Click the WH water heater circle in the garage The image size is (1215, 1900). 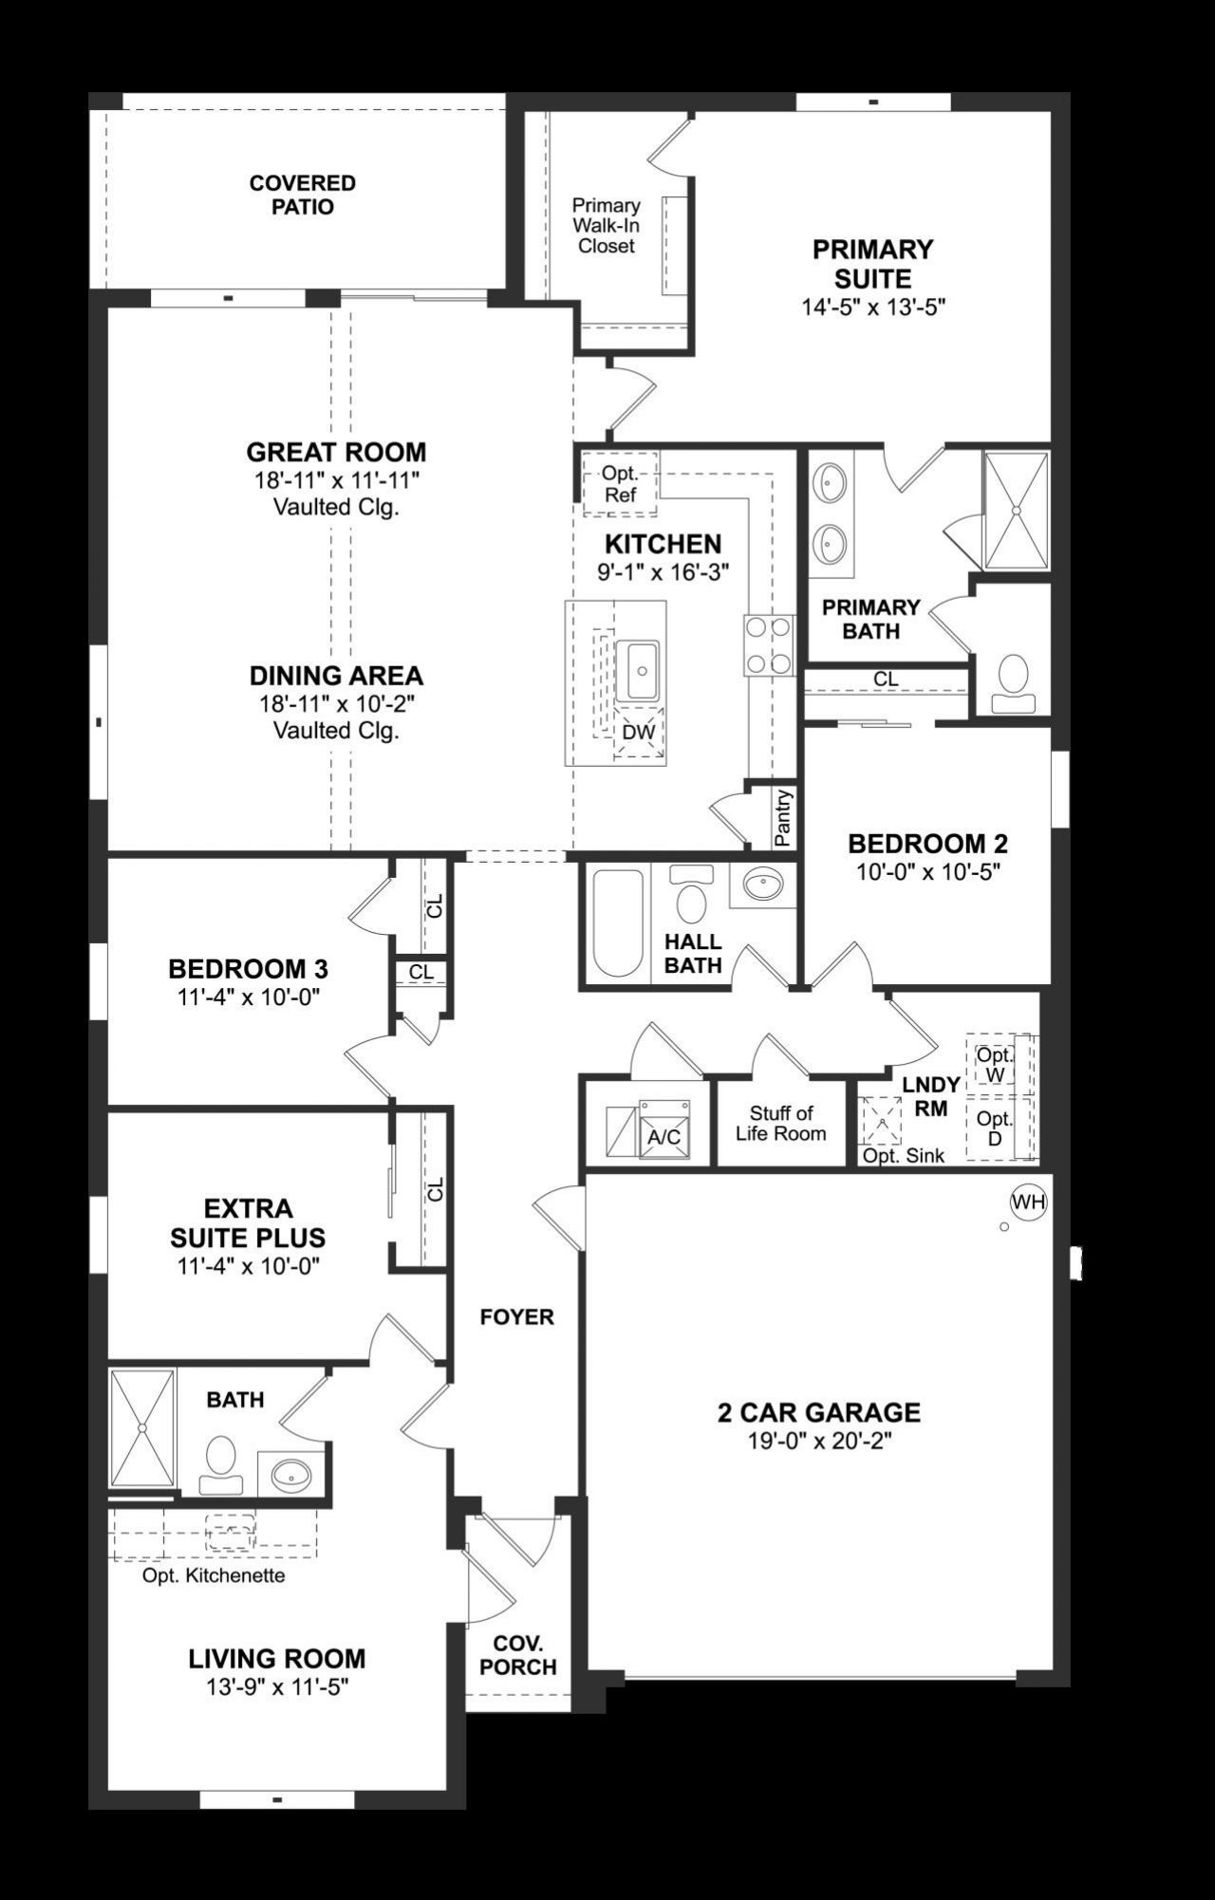point(1028,1202)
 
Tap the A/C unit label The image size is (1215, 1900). point(664,1136)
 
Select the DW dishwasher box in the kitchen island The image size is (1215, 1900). point(638,733)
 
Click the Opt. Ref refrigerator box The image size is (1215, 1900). point(619,484)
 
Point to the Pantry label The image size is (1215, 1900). point(783,817)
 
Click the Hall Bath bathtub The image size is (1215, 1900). point(617,923)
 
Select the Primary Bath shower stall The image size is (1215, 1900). point(1016,511)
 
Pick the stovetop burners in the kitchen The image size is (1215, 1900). point(769,645)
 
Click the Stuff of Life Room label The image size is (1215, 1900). point(780,1123)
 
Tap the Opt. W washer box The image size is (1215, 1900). point(995,1064)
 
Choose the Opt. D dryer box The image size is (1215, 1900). point(995,1128)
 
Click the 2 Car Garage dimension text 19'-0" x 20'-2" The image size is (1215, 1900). point(819,1442)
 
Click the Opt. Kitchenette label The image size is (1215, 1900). point(214,1575)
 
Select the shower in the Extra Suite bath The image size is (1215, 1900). point(142,1427)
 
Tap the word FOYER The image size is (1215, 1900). point(516,1316)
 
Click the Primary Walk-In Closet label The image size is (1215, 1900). point(606,225)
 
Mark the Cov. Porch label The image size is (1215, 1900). point(517,1655)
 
